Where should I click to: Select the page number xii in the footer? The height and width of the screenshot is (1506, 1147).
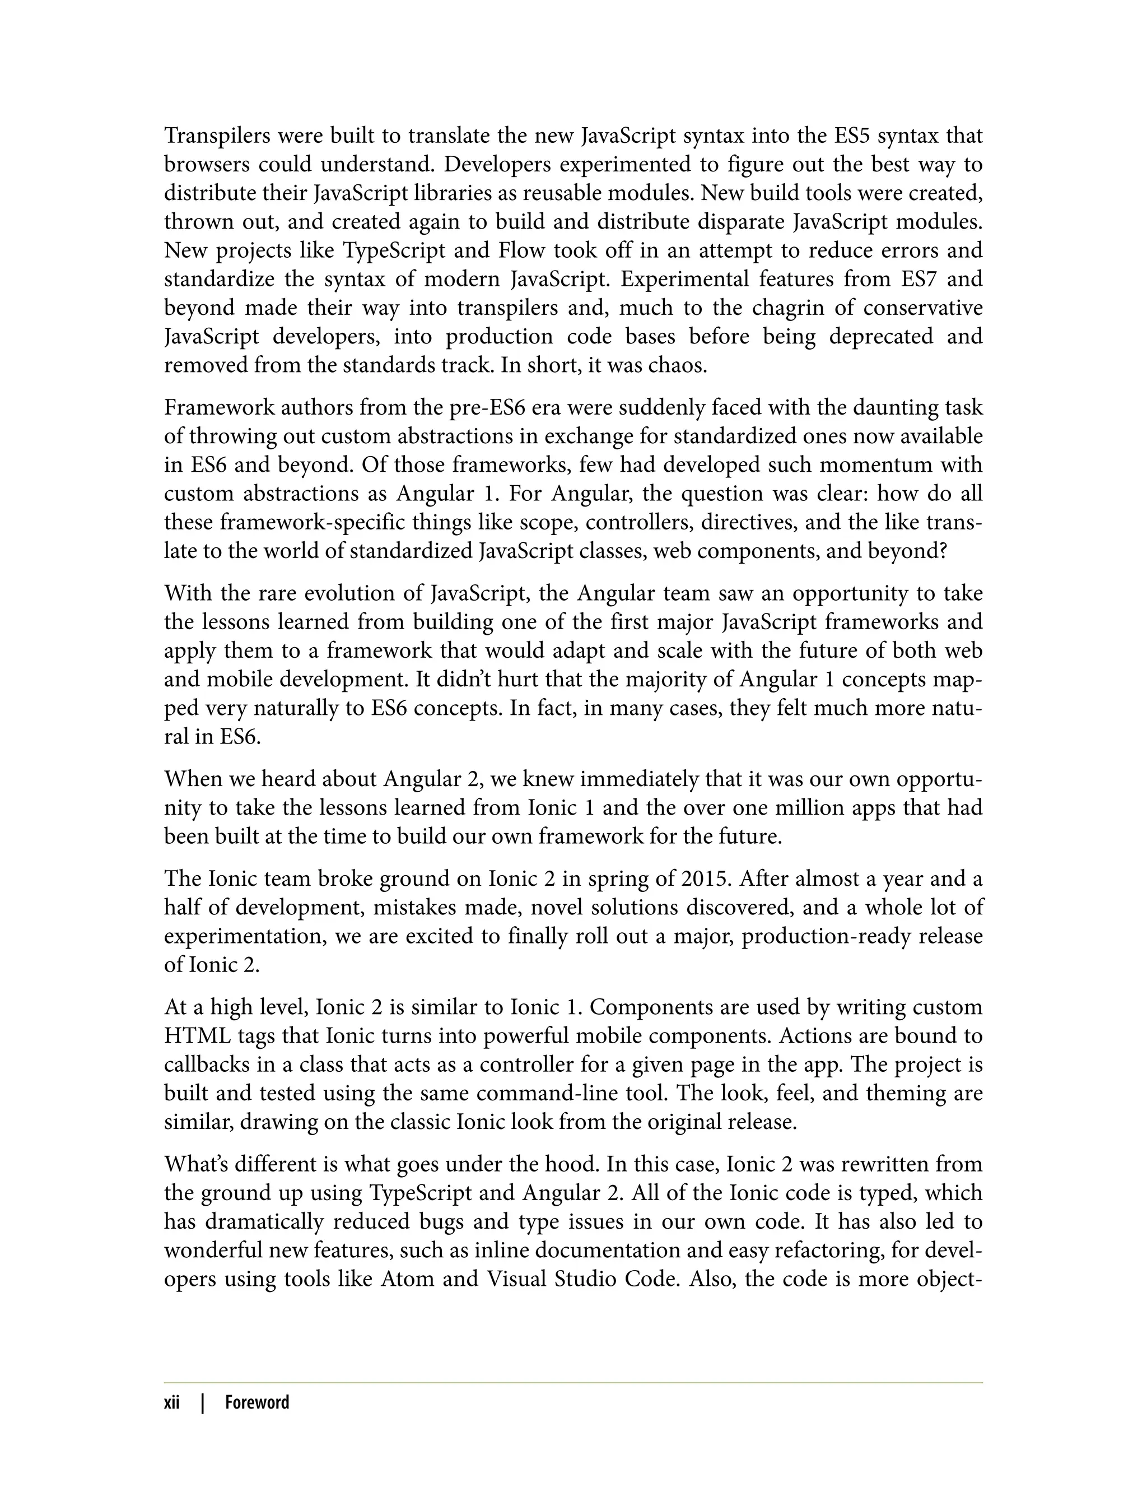pos(172,1403)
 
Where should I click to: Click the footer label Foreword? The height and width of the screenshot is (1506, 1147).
pos(257,1403)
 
